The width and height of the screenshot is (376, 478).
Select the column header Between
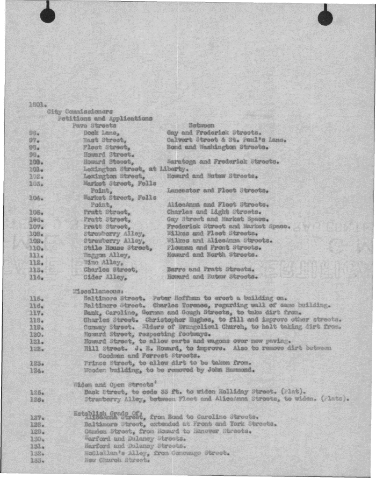(x=190, y=125)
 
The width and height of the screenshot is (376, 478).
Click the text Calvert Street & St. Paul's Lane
(x=226, y=140)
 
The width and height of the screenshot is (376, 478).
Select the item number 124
(x=36, y=370)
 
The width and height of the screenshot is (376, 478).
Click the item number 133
(x=36, y=461)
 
